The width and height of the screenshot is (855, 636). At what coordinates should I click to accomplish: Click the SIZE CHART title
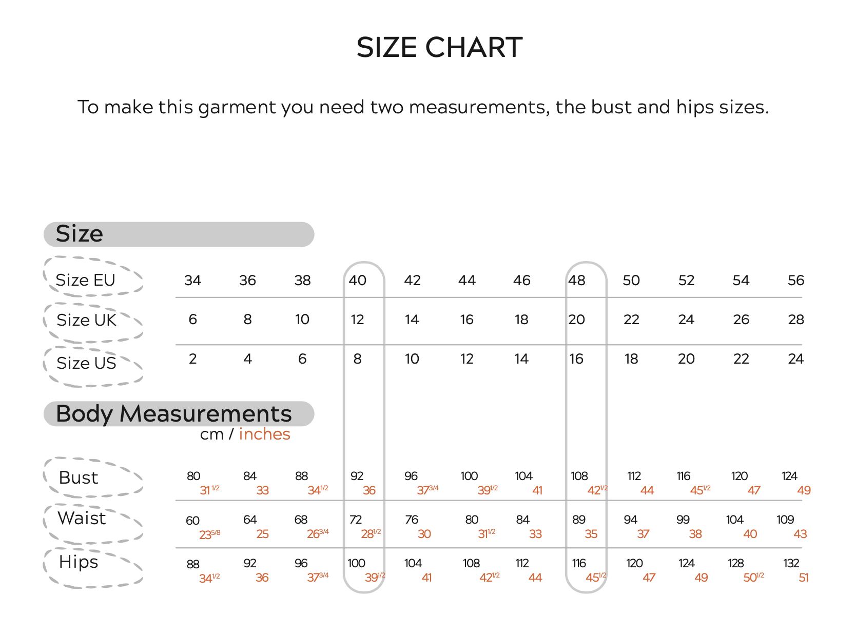click(439, 47)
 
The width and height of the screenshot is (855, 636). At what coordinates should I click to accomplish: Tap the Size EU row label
click(85, 280)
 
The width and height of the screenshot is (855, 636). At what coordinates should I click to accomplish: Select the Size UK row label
click(86, 320)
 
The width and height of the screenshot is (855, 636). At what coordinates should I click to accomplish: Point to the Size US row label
click(86, 363)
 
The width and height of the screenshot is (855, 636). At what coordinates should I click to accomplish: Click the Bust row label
click(78, 478)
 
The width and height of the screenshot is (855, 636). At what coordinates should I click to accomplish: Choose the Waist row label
click(81, 518)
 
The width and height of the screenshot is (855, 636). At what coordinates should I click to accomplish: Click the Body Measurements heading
click(173, 414)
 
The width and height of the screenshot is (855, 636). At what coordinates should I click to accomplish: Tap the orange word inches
click(264, 434)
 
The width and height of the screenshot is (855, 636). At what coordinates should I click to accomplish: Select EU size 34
click(192, 281)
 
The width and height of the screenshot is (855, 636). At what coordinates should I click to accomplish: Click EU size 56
click(795, 281)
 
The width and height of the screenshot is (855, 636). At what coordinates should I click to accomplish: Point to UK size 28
click(795, 320)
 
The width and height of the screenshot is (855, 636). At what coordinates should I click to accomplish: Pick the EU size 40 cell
click(357, 281)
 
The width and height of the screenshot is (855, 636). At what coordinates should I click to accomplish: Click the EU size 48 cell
click(577, 281)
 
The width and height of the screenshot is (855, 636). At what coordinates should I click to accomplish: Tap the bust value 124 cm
click(789, 476)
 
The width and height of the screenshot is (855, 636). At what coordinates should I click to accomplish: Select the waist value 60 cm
click(192, 521)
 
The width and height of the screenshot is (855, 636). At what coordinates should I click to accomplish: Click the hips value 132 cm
click(791, 564)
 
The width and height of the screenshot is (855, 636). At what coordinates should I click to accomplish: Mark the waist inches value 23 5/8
click(210, 534)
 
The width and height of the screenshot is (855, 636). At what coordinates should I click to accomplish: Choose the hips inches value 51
click(803, 578)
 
